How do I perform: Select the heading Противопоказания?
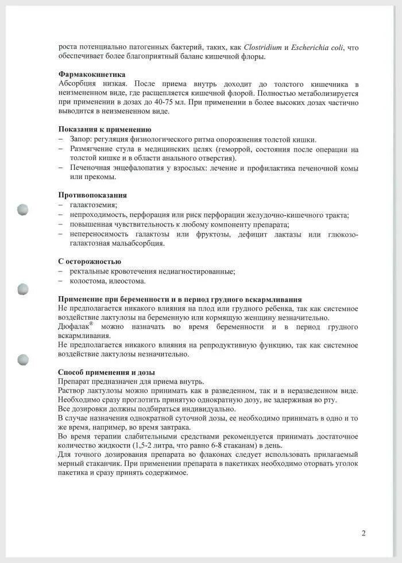(x=93, y=195)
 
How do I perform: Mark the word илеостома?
(x=127, y=281)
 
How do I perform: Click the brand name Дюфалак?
(x=74, y=327)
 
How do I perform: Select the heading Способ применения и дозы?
(x=106, y=372)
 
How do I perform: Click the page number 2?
(x=364, y=533)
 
